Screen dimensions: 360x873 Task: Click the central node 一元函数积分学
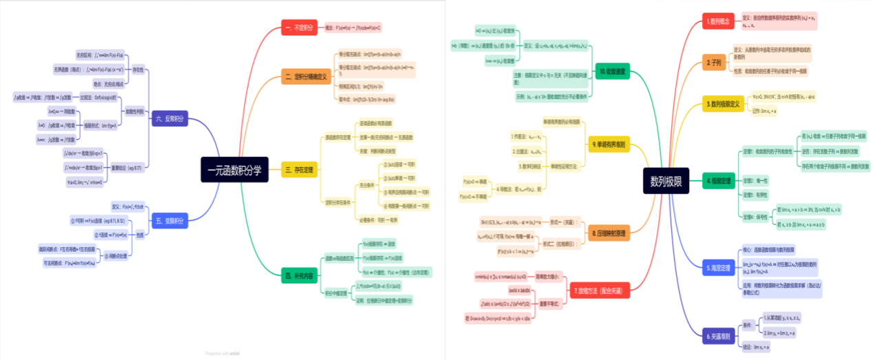click(x=235, y=169)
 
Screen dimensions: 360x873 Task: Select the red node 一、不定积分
click(x=299, y=28)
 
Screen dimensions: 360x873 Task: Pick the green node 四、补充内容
click(x=299, y=277)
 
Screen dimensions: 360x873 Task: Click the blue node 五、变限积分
click(x=169, y=221)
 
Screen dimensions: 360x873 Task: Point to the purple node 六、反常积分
click(x=169, y=118)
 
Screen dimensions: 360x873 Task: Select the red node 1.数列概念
click(x=718, y=21)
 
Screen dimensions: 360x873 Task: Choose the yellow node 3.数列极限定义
click(x=723, y=104)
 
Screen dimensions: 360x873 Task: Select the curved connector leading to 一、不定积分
click(x=265, y=48)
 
